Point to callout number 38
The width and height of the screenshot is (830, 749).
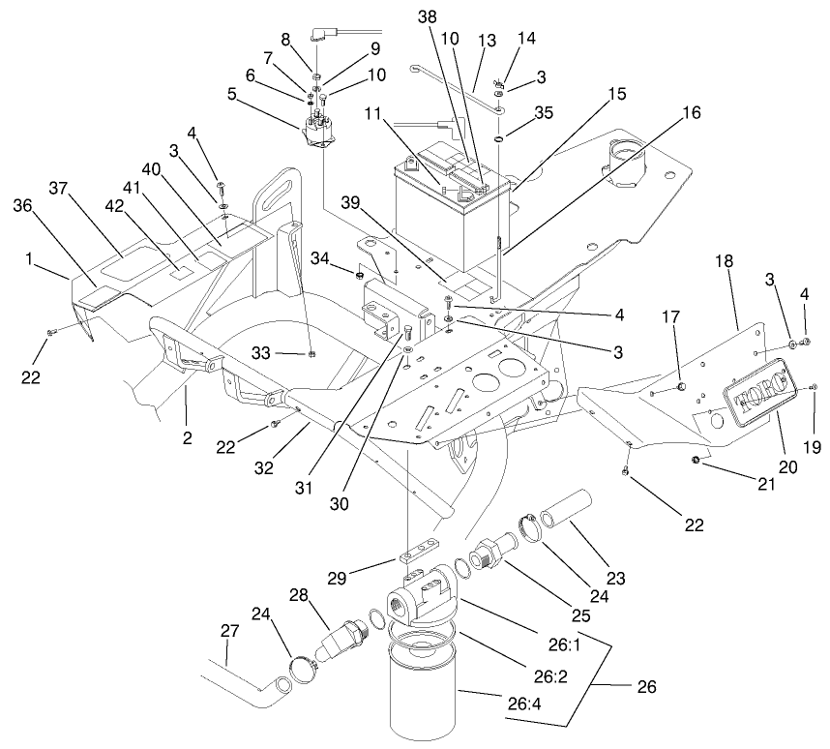pyautogui.click(x=428, y=17)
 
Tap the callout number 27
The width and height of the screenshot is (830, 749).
pyautogui.click(x=228, y=630)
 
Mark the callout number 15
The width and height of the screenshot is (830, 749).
pyautogui.click(x=617, y=94)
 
